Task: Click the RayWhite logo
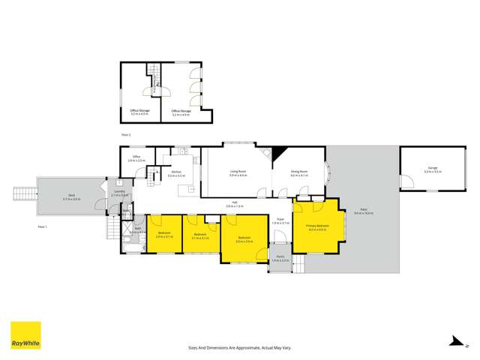coord(25,335)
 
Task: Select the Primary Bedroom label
coord(318,227)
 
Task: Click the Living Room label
coord(238,173)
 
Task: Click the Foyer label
coord(280,221)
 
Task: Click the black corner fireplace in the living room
coord(277,152)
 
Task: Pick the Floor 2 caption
coord(126,134)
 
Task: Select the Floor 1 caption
coord(42,224)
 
